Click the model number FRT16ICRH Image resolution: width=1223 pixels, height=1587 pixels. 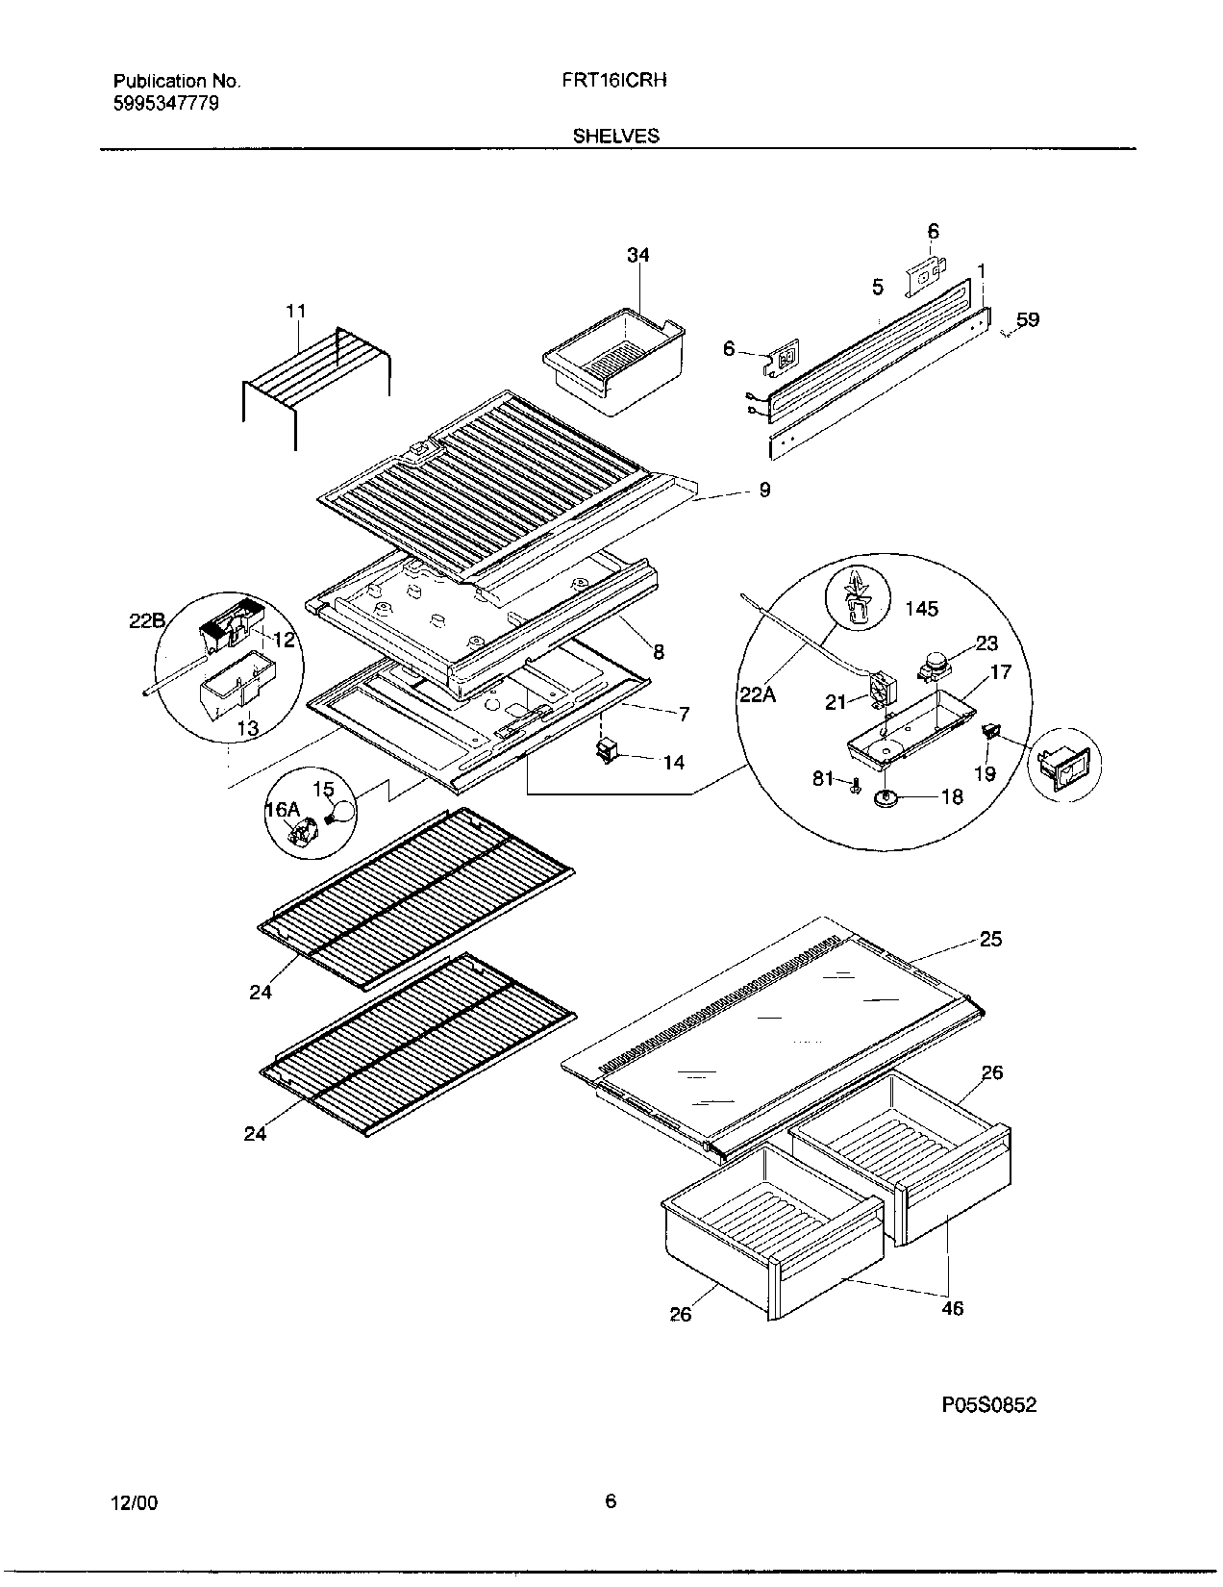pos(614,81)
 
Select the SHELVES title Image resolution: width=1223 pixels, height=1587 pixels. pos(616,136)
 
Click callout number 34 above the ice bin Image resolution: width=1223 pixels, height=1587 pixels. pos(637,255)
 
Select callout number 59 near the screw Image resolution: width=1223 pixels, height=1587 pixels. pos(1028,319)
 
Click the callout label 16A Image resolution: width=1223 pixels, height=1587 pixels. pos(282,810)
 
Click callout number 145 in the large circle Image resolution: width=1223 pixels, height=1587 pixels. pos(921,609)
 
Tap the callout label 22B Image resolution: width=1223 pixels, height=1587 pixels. pos(148,621)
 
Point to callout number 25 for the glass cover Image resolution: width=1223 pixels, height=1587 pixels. pos(990,939)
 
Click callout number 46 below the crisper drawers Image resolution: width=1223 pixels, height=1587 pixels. pos(953,1308)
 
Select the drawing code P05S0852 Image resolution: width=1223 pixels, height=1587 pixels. pos(988,1405)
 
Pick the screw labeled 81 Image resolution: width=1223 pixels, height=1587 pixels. pos(853,787)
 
